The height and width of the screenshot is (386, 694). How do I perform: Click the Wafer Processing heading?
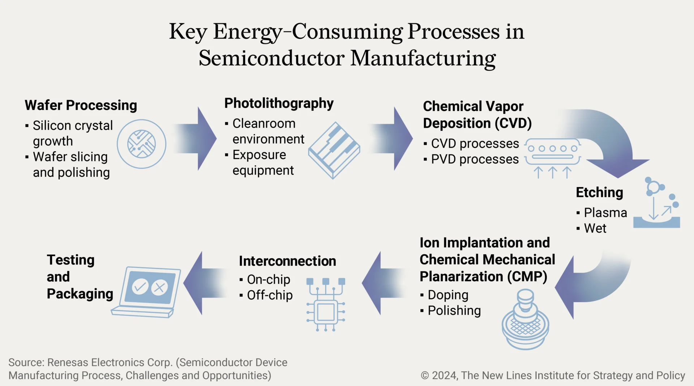81,105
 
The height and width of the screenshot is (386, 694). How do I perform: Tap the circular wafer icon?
141,144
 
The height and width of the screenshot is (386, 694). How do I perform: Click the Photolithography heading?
279,103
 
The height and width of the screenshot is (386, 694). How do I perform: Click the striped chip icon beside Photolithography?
334,150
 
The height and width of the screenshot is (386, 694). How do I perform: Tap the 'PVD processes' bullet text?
475,159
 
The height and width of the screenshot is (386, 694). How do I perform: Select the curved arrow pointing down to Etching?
611,145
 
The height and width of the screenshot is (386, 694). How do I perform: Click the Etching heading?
599,192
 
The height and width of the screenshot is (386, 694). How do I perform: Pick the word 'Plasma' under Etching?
605,213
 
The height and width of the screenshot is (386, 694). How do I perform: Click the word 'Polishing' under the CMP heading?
454,311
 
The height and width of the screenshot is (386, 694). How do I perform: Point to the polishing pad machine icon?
525,320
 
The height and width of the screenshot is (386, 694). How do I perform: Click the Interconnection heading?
287,261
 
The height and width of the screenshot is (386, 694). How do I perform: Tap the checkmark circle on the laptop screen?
140,287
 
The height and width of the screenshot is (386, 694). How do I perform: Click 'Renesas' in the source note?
68,362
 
